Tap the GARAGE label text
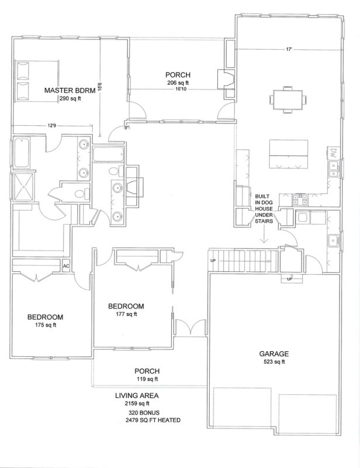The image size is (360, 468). pyautogui.click(x=274, y=354)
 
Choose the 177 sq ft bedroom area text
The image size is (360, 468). pyautogui.click(x=126, y=314)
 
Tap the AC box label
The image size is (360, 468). pyautogui.click(x=66, y=267)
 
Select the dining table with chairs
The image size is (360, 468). pyautogui.click(x=286, y=98)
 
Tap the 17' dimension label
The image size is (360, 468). pyautogui.click(x=289, y=49)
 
